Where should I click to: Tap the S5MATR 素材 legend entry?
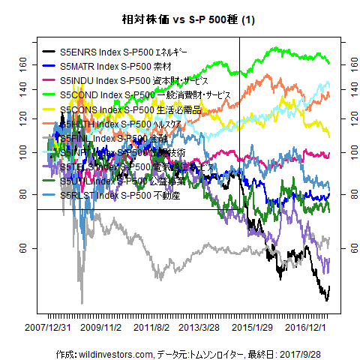112,66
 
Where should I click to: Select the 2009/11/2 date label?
100,328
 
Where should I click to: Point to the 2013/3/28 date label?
199,328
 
